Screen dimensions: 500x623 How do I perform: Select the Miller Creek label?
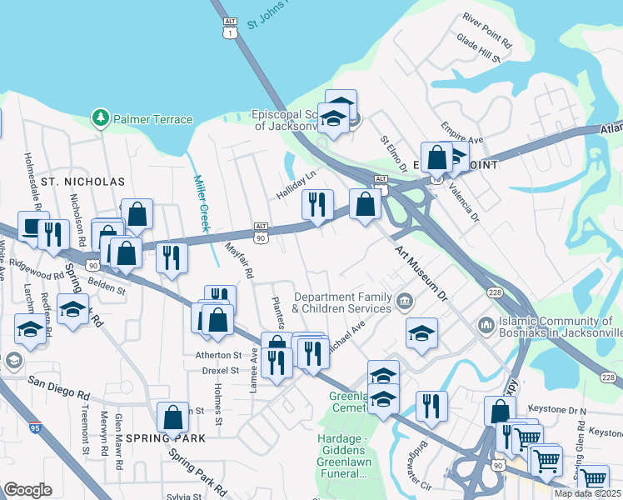203,202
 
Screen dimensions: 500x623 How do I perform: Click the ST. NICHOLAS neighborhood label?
82,181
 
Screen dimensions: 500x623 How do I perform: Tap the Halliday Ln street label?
297,186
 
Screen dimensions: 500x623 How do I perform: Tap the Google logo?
27,489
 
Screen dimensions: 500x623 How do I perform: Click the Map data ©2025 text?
587,493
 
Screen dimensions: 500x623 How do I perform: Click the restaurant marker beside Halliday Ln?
316,205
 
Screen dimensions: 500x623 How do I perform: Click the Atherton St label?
217,354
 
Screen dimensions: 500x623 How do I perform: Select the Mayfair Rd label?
238,259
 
